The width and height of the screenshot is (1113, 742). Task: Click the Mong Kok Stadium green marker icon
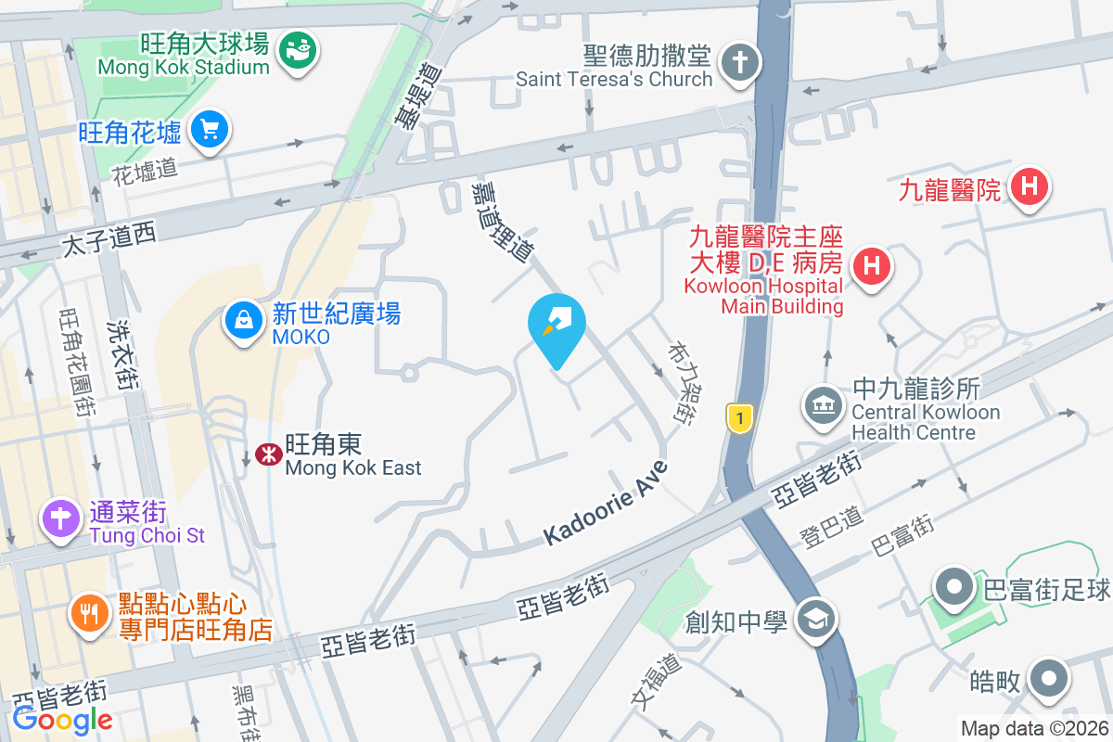(x=300, y=46)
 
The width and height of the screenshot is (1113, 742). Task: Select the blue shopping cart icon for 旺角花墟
(x=210, y=130)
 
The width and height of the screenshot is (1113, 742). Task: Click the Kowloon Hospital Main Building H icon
(x=871, y=267)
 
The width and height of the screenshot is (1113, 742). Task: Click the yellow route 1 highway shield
(x=738, y=417)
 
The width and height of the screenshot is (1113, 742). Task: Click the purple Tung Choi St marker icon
(x=62, y=518)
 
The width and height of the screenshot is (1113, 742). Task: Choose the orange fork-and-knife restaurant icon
(x=89, y=615)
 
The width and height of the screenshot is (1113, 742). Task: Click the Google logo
(x=62, y=719)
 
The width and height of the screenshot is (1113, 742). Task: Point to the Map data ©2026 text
(x=1035, y=729)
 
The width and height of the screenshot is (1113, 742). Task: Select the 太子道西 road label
(x=109, y=241)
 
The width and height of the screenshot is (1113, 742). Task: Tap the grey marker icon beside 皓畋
(x=1050, y=680)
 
